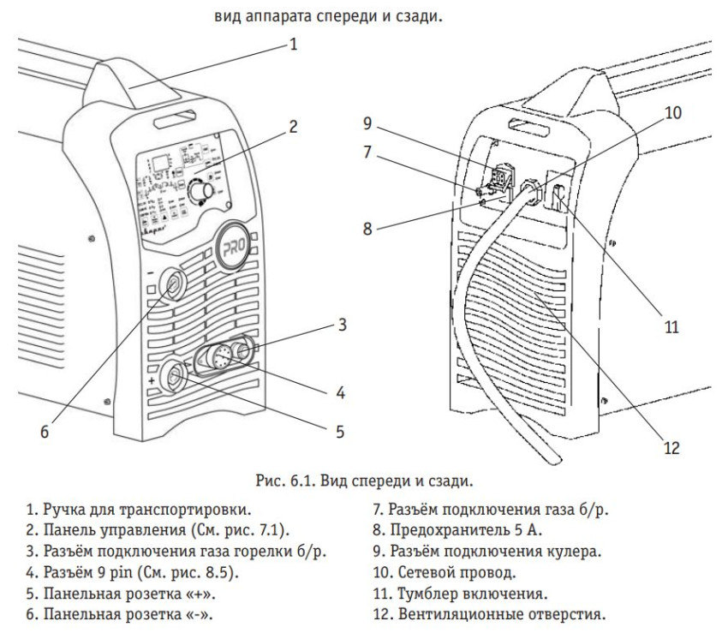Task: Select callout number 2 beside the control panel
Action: click(x=293, y=127)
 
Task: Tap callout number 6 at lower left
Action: click(x=44, y=433)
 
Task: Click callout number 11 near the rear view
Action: click(x=671, y=326)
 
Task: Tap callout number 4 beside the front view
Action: click(x=341, y=395)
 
